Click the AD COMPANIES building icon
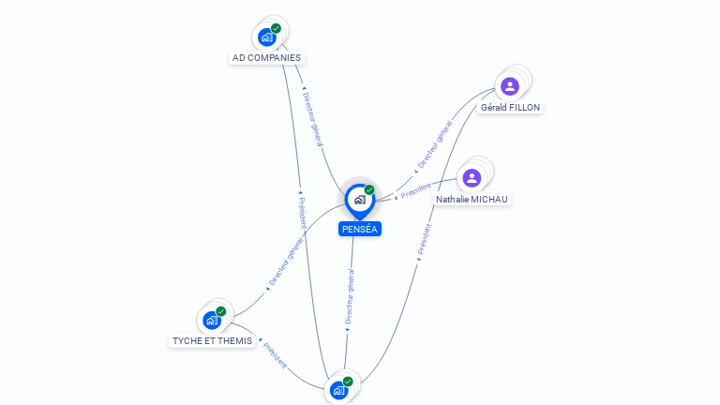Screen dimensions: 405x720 tap(267, 37)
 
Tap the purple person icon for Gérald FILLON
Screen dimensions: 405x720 tap(510, 86)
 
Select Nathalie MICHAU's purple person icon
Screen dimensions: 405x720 tap(472, 177)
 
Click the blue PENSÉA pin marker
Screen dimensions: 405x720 tap(359, 200)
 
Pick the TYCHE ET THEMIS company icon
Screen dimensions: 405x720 tap(212, 321)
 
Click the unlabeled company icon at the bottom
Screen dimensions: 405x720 tap(338, 390)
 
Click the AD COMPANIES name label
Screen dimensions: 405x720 tap(267, 58)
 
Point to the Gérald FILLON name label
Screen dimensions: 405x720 tap(510, 108)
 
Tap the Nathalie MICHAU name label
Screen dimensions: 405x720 tap(472, 200)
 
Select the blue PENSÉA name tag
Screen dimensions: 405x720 tap(360, 229)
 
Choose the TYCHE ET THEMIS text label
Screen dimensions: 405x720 tap(212, 341)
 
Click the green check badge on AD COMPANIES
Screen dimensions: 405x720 tap(277, 28)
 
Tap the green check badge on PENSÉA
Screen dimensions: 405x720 tap(369, 189)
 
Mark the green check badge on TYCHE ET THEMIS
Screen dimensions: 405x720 tap(221, 311)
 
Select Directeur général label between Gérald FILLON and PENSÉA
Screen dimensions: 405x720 tap(434, 145)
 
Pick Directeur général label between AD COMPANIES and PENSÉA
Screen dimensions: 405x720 tap(313, 119)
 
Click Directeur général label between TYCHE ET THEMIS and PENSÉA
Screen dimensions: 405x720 tap(286, 262)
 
